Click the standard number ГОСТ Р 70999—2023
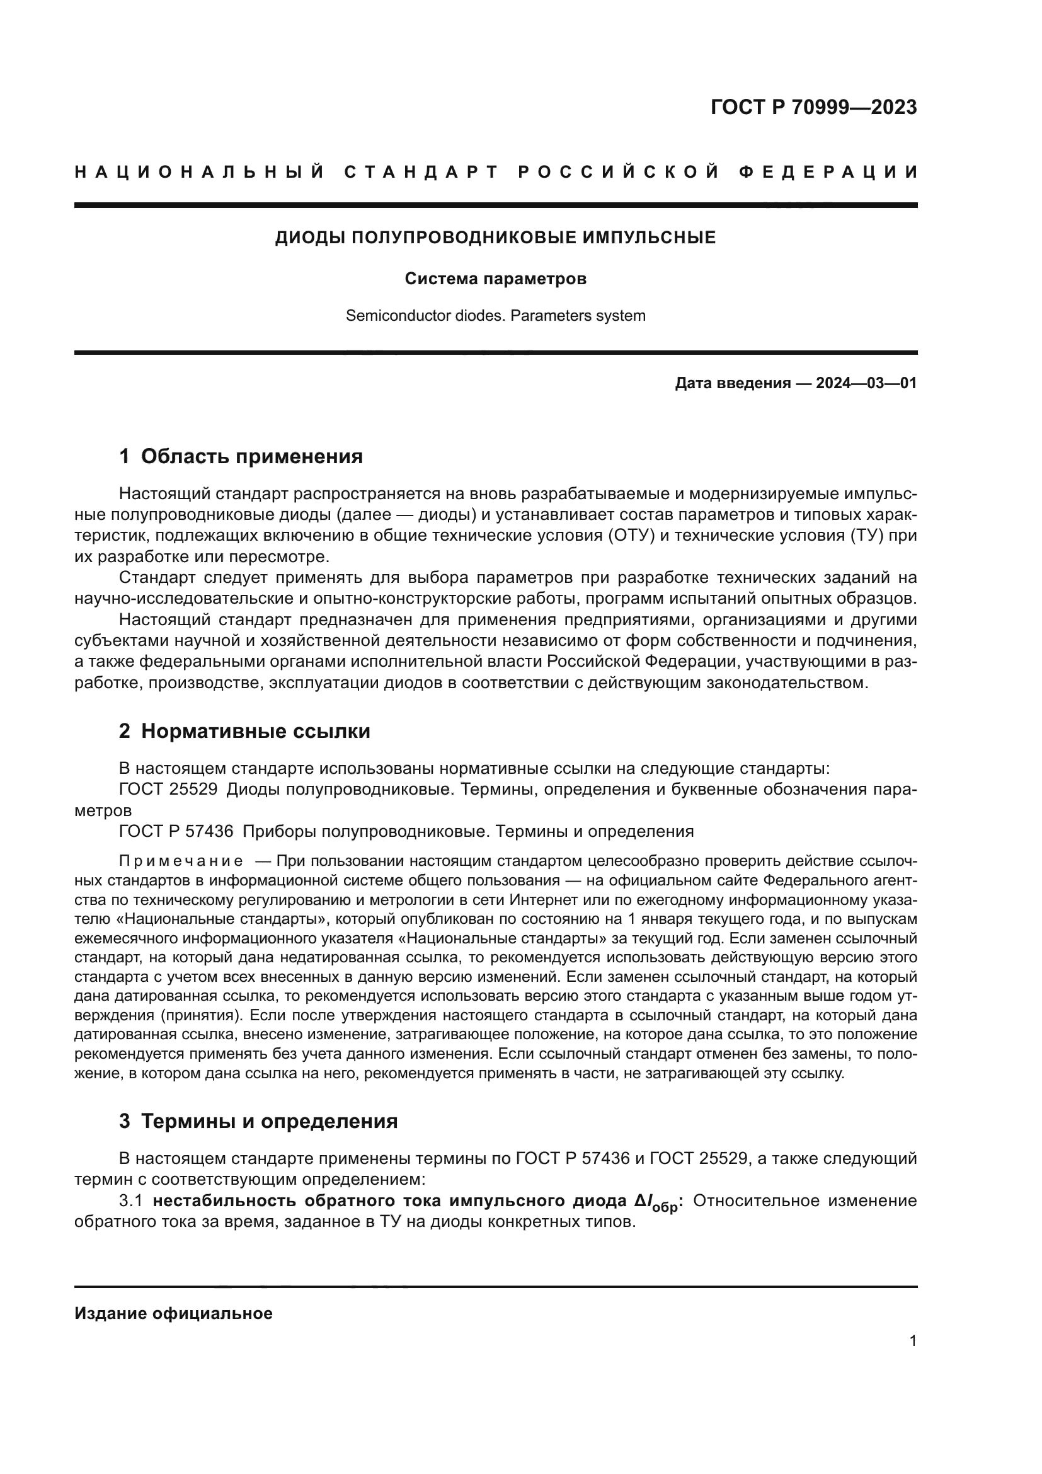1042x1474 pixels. click(813, 108)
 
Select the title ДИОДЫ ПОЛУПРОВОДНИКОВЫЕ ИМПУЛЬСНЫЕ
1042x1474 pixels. click(495, 238)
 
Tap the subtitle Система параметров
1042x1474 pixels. click(495, 279)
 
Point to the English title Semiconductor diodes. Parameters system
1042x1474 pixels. click(495, 316)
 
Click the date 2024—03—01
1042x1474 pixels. click(866, 384)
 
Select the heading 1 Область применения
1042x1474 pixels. click(241, 456)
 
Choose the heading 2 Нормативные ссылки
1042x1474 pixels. click(244, 731)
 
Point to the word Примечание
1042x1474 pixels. click(181, 860)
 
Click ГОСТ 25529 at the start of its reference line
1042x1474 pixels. click(168, 789)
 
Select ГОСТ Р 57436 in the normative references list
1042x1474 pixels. click(176, 831)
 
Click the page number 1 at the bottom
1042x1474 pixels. click(913, 1340)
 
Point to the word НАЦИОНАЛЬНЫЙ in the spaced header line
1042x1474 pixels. click(200, 172)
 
